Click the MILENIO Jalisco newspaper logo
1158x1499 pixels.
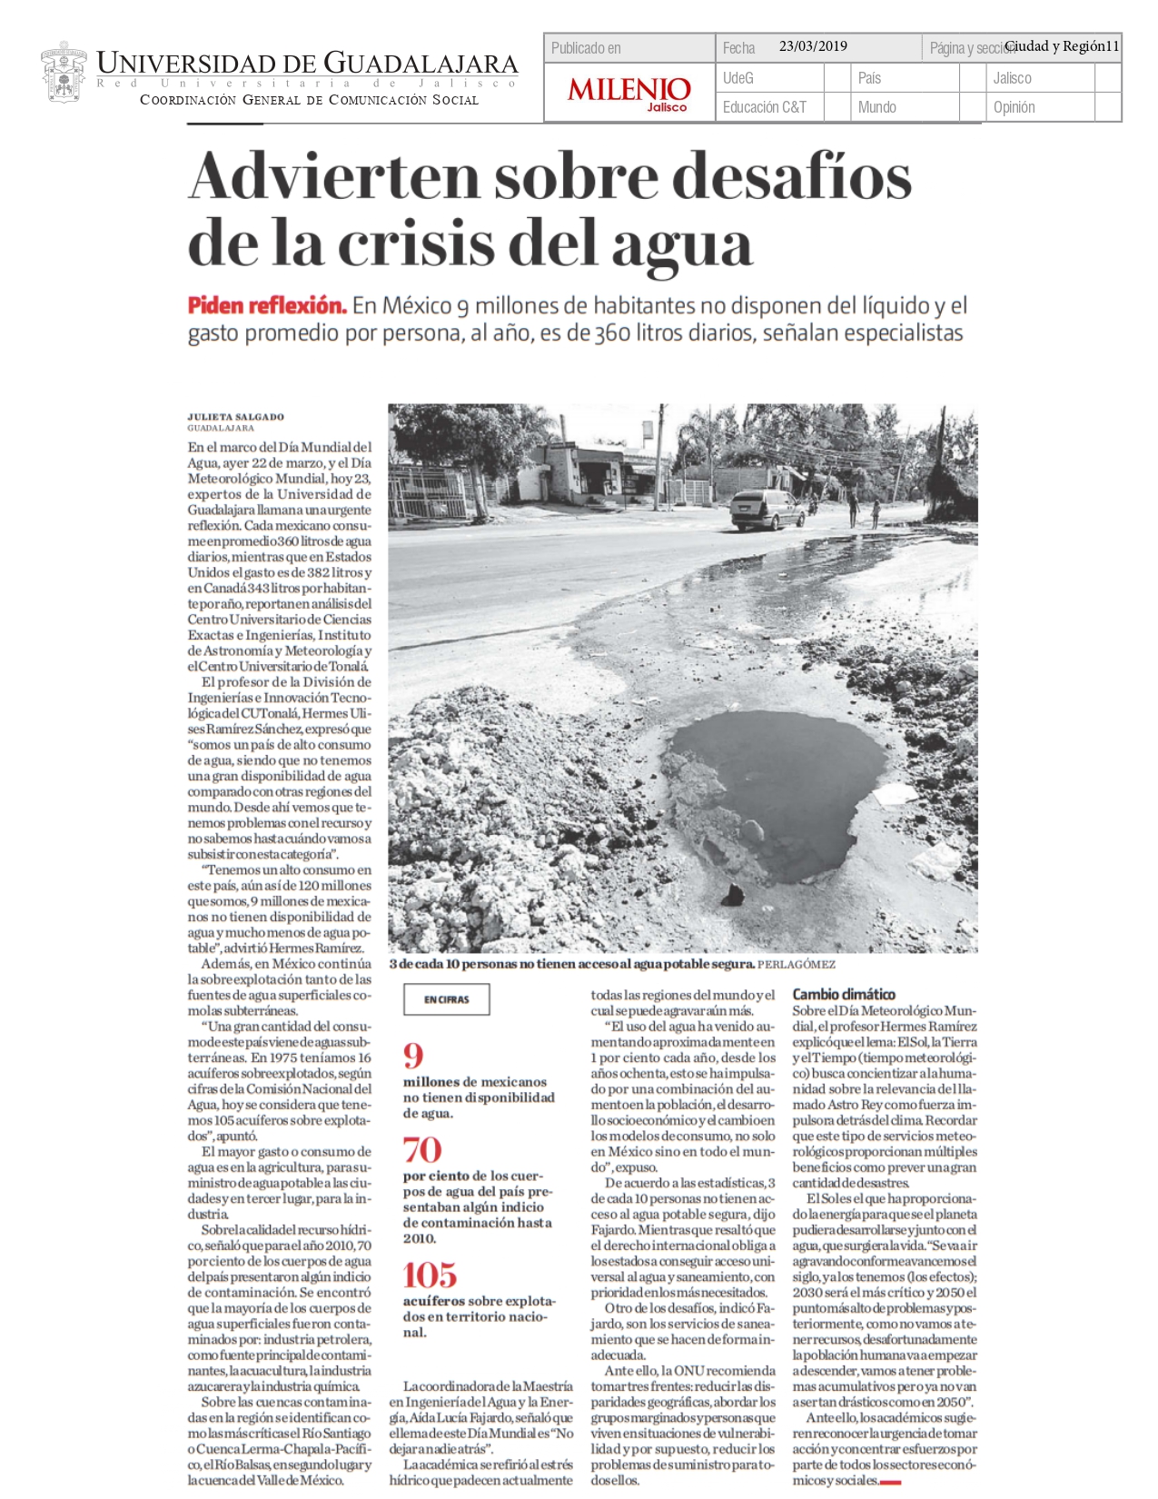point(628,92)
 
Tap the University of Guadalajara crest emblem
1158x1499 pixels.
point(64,72)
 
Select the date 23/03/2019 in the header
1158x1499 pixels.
point(813,46)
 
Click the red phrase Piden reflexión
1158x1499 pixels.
point(267,305)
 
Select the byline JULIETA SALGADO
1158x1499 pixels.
point(235,417)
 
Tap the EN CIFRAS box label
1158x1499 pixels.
point(447,999)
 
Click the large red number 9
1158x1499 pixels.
point(413,1056)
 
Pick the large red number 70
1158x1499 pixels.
point(422,1150)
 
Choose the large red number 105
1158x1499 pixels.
point(430,1276)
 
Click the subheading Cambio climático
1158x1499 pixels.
point(844,994)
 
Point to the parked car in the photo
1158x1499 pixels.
point(767,510)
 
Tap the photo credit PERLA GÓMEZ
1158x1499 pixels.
point(797,964)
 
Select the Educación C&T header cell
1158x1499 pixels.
point(764,107)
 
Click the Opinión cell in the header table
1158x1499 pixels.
point(1014,107)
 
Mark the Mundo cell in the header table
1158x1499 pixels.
point(876,107)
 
